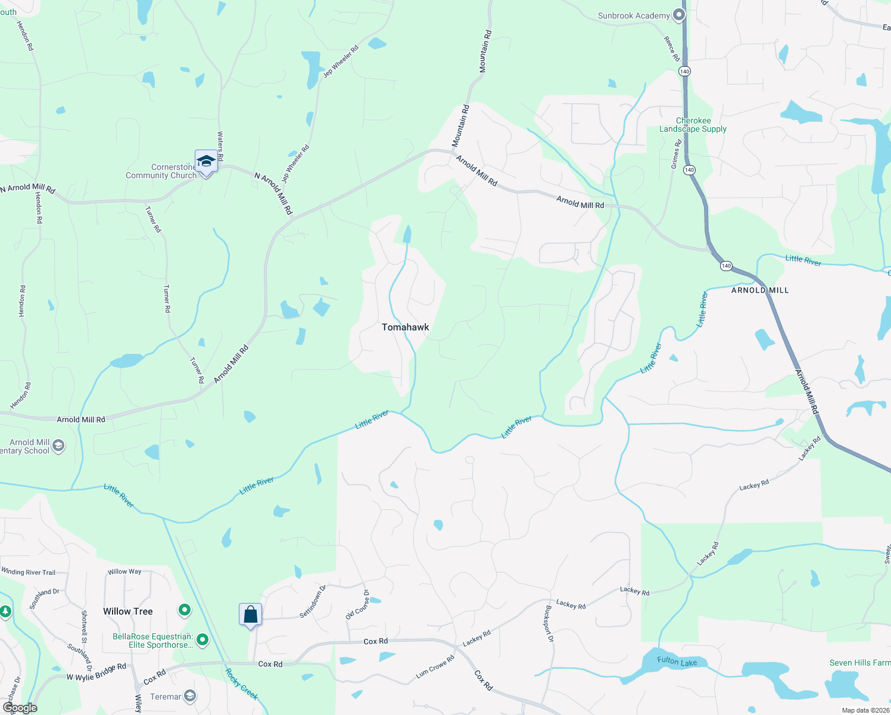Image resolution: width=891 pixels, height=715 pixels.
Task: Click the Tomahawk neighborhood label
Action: [405, 327]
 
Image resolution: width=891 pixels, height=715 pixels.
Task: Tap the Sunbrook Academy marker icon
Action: [678, 15]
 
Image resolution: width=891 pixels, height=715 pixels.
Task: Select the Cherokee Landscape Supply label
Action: [693, 125]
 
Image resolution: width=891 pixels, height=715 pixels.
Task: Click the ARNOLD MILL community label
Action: [759, 290]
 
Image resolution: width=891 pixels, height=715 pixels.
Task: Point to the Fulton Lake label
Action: [677, 661]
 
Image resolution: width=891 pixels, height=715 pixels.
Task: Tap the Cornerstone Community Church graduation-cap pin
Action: [206, 161]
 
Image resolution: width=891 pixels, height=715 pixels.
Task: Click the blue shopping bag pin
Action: [250, 614]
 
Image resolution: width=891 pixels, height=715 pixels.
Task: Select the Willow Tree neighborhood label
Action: [127, 611]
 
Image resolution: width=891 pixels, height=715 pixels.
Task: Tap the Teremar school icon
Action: [189, 695]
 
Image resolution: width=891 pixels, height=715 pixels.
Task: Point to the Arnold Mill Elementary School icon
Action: [58, 446]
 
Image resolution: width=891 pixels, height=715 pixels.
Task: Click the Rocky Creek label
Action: [241, 684]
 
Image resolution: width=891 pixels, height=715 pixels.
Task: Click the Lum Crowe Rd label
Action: [435, 667]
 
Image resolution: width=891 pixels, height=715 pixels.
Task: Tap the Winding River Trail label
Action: [28, 572]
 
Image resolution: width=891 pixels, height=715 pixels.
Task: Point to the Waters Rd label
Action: [220, 146]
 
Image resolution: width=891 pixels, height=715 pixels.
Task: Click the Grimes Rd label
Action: [675, 154]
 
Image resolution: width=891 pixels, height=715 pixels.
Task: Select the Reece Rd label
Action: [671, 49]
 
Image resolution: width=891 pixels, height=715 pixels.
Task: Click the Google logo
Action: [20, 708]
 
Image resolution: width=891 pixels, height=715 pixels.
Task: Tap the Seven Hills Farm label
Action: [859, 663]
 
